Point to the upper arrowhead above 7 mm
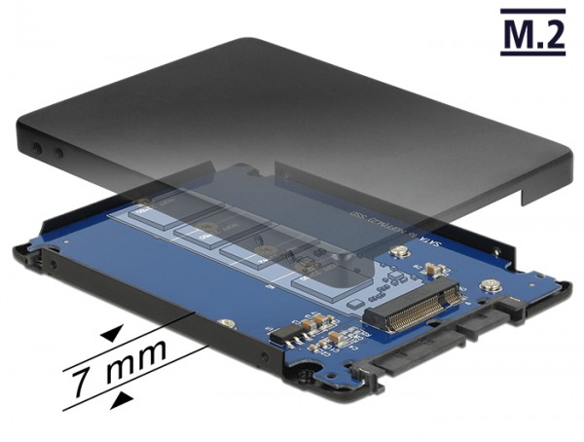click(112, 333)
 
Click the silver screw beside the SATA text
click(398, 254)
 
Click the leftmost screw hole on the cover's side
click(37, 149)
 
